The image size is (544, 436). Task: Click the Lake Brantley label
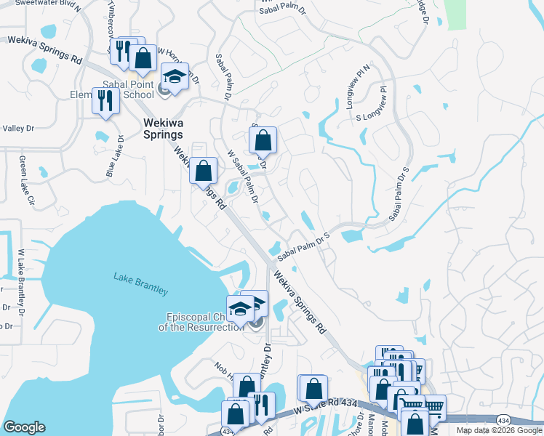pos(140,283)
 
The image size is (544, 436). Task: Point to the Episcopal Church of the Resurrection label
pos(201,322)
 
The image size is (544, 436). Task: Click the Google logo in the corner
pos(24,427)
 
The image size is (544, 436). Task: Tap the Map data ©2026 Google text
pos(499,430)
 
